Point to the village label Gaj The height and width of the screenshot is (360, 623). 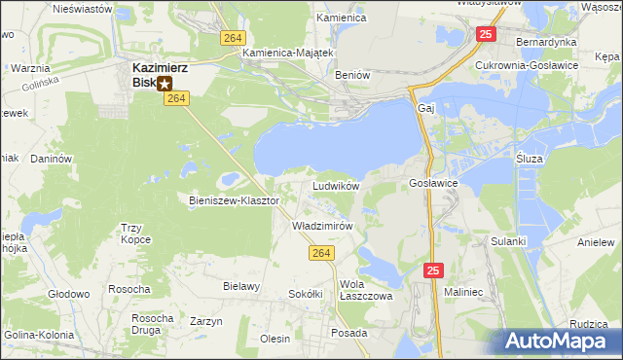tap(424, 108)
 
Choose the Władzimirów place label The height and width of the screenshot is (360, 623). tap(322, 225)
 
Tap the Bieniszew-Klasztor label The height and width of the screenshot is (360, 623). tap(234, 199)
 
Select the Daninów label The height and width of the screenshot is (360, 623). tap(53, 158)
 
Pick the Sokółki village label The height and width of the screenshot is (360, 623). tap(306, 293)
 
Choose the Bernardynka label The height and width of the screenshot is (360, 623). tap(546, 43)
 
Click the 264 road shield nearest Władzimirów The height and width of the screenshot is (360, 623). tap(324, 253)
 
